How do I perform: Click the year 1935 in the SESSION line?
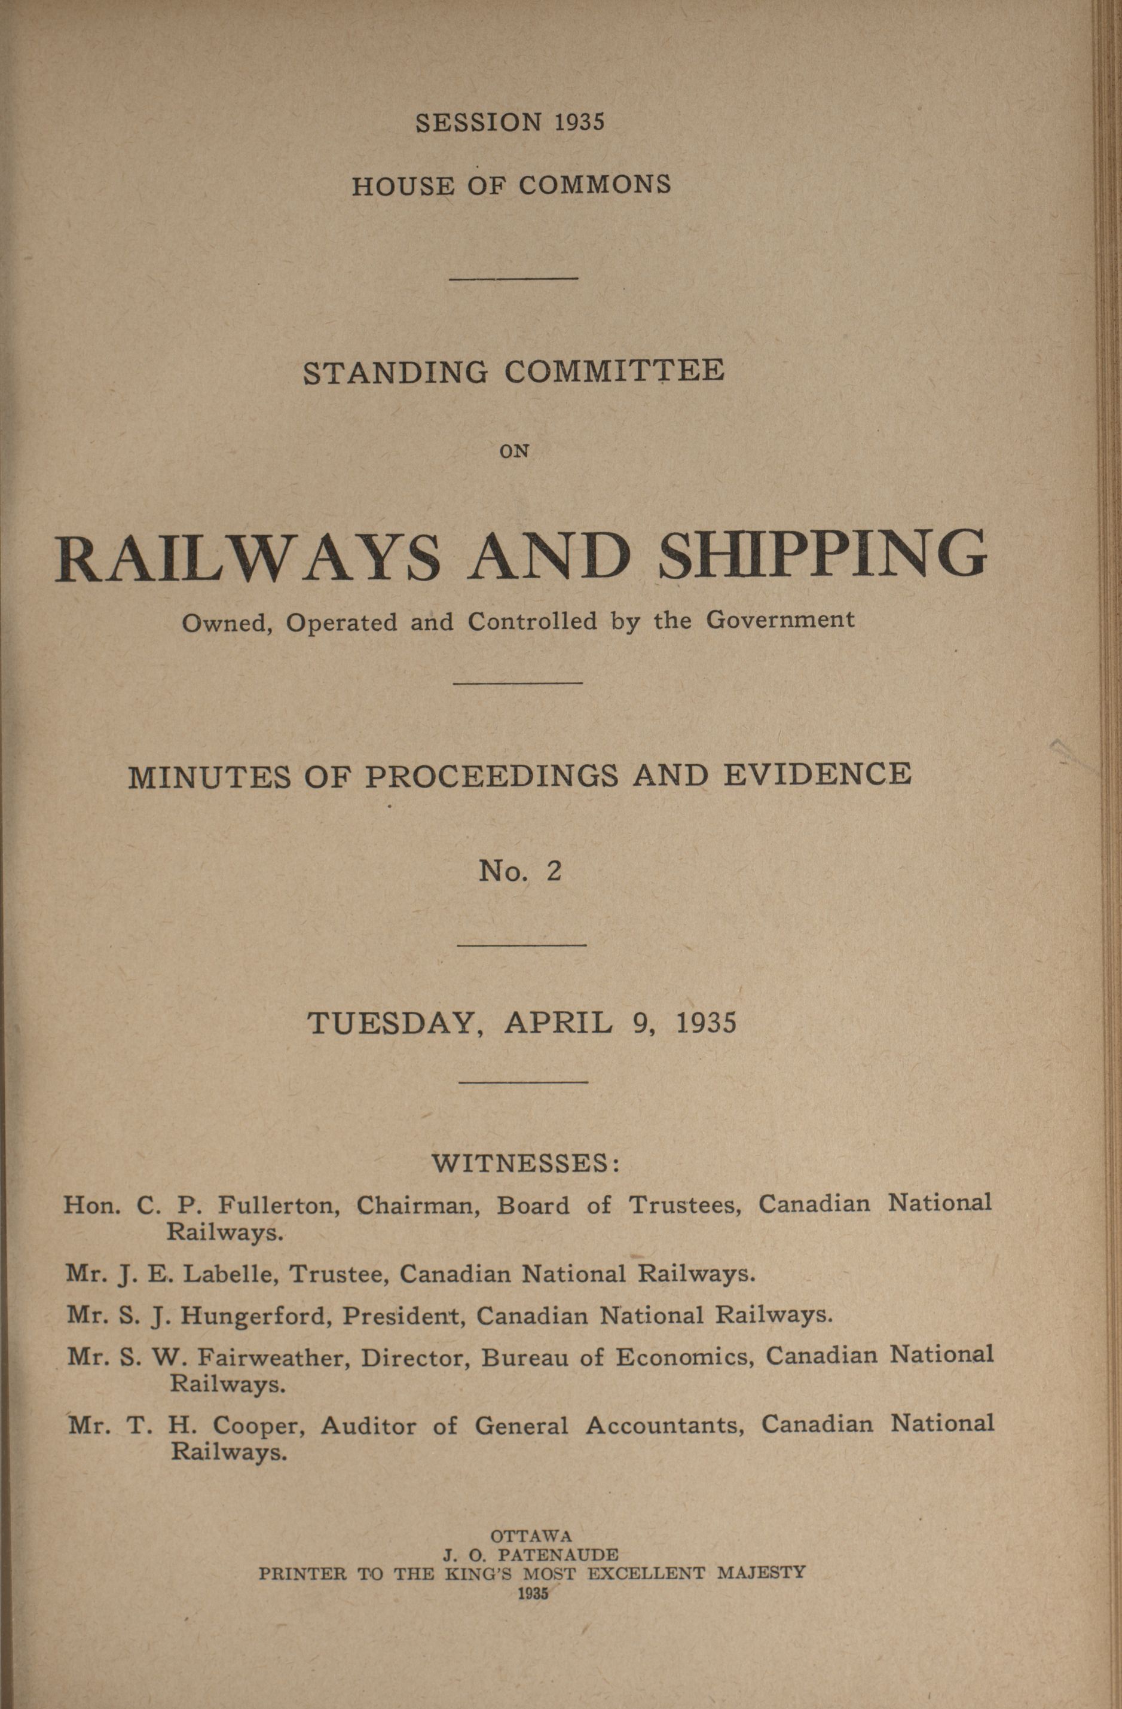pos(580,122)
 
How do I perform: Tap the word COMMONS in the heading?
pos(595,185)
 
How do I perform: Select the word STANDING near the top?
pos(396,373)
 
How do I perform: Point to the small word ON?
pos(514,451)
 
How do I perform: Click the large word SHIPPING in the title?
pos(823,556)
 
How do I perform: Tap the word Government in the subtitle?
pos(780,619)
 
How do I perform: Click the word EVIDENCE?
pos(817,775)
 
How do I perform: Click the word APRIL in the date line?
pos(558,1022)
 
